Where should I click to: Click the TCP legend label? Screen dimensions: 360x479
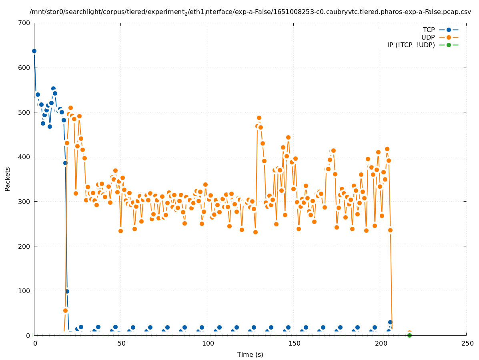click(x=429, y=30)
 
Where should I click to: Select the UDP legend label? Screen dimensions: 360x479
click(x=428, y=37)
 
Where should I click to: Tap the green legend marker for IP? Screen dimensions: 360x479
click(x=449, y=45)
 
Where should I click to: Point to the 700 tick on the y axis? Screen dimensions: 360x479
click(x=24, y=23)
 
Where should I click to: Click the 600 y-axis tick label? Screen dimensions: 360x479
click(x=24, y=68)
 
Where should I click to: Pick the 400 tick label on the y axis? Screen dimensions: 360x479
click(x=24, y=157)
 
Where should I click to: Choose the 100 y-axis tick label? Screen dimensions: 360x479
click(x=24, y=291)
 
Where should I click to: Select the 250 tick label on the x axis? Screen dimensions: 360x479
click(x=467, y=343)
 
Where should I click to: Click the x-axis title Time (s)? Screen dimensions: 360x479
click(x=250, y=354)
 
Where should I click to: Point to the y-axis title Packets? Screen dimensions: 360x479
click(x=8, y=179)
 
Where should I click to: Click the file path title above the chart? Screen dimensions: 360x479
click(x=250, y=12)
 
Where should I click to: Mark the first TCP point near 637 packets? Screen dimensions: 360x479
click(x=34, y=51)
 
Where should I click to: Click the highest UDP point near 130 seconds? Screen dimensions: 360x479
click(x=259, y=118)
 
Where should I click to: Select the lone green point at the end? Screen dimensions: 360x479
click(x=409, y=335)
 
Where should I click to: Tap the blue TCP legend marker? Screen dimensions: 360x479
click(x=449, y=30)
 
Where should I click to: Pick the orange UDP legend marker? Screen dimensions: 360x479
click(x=449, y=37)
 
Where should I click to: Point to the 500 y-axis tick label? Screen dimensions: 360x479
click(x=24, y=112)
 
